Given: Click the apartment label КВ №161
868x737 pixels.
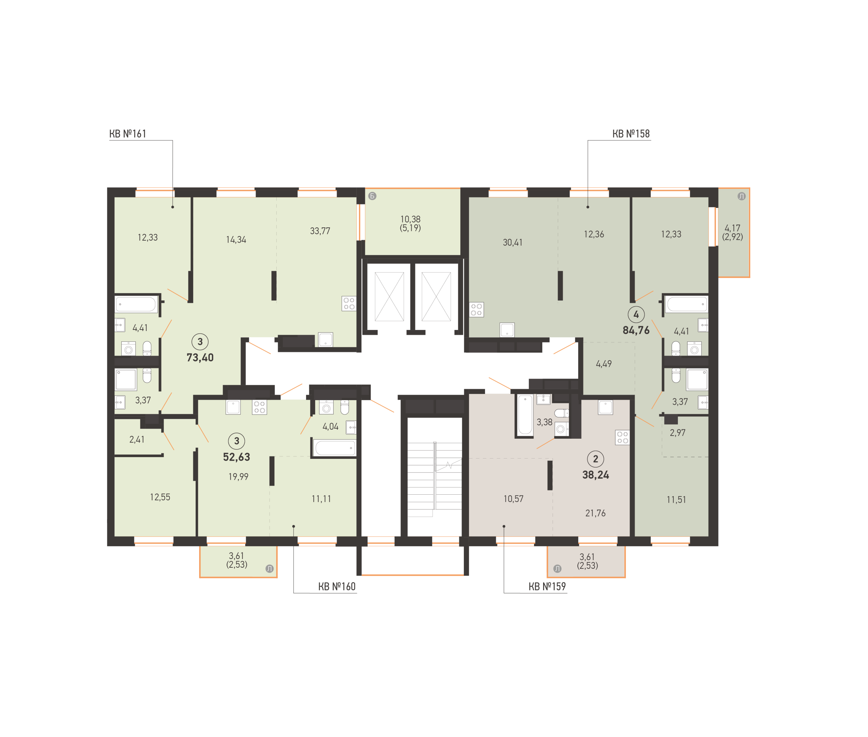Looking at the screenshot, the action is (128, 134).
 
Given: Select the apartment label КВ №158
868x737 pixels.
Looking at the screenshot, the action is (631, 134).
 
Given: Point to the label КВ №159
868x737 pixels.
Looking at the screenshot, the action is (547, 586).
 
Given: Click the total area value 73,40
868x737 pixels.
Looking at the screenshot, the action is (200, 358).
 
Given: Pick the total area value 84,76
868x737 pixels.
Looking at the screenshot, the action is (636, 331).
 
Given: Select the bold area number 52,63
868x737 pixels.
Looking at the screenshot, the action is (236, 457).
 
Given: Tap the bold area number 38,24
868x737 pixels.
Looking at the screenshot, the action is (595, 475).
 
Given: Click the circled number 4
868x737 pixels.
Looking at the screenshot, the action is (636, 315).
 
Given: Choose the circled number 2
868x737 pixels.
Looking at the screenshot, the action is (595, 459).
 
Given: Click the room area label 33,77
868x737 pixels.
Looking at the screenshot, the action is (320, 231).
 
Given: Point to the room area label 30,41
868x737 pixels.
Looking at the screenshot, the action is (512, 242).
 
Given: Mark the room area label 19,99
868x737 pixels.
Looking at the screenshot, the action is (238, 477).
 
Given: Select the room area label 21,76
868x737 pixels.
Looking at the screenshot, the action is (595, 513).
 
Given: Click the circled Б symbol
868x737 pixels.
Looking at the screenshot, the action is (372, 196).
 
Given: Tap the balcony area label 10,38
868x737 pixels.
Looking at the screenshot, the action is (410, 219).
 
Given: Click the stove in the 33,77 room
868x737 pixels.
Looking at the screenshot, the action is (349, 304).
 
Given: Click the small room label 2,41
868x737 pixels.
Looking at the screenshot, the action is (137, 439).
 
